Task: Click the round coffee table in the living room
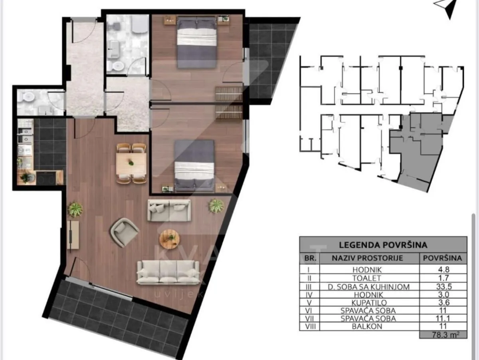point(170,239)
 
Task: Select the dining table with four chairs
point(131,163)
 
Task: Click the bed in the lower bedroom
point(195,165)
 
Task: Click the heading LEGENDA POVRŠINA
point(383,245)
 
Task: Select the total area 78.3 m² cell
point(443,334)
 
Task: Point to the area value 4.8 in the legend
point(443,269)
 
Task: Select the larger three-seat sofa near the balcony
point(168,272)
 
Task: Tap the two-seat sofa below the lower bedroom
point(169,210)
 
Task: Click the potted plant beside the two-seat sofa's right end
point(216,206)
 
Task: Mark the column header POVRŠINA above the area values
point(443,258)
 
